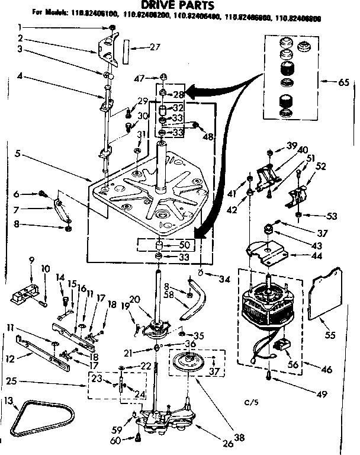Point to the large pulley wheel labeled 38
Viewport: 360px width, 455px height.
click(193, 362)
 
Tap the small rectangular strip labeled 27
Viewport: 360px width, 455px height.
click(126, 49)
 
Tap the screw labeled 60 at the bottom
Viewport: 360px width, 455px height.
click(138, 438)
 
